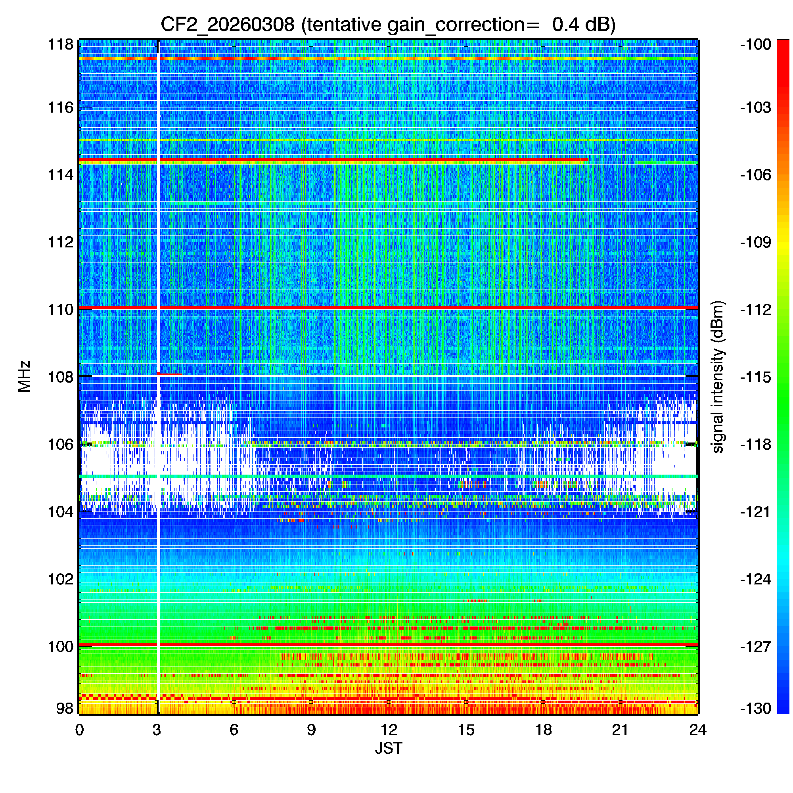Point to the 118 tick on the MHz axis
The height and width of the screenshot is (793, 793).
pos(61,44)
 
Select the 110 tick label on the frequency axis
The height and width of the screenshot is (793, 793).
pos(61,310)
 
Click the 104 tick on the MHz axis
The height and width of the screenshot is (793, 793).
pos(61,512)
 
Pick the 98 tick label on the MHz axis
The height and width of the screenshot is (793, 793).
pos(65,708)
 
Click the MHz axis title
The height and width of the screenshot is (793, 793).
pos(24,376)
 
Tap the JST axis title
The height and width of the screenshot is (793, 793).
pos(388,748)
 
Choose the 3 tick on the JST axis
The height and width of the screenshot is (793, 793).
pos(157,730)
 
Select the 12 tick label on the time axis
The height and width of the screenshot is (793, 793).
pos(388,730)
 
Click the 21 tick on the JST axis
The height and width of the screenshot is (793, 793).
pos(620,730)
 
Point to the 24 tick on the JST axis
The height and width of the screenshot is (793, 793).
pos(697,730)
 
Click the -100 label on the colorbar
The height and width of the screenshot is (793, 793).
pos(756,44)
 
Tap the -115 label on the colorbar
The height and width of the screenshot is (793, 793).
pos(756,377)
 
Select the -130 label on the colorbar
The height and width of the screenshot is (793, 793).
pos(756,709)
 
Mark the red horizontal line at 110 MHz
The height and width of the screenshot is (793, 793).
pos(410,307)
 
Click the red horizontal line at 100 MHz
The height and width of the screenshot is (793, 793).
pos(410,645)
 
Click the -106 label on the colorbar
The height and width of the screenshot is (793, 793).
pos(756,175)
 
